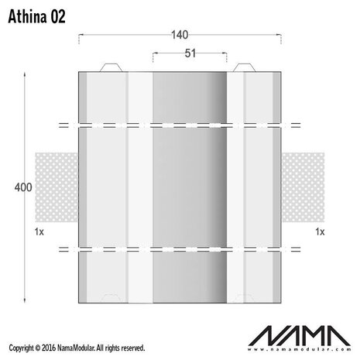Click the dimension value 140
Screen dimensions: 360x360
point(180,35)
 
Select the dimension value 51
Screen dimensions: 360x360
point(190,53)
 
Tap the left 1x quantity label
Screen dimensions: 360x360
point(39,231)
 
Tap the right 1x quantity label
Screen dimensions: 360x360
point(319,231)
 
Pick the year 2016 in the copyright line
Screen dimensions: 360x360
point(51,348)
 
